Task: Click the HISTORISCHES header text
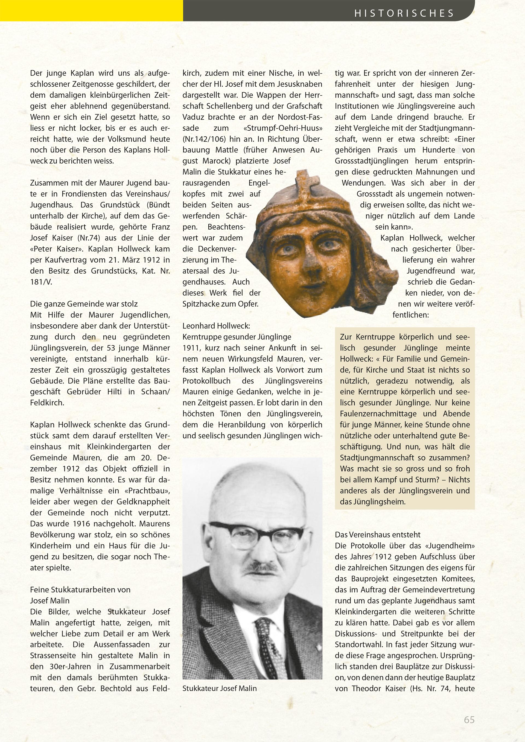[x=404, y=13]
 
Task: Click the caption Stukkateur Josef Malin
[x=220, y=688]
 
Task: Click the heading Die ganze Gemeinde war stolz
[x=84, y=304]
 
